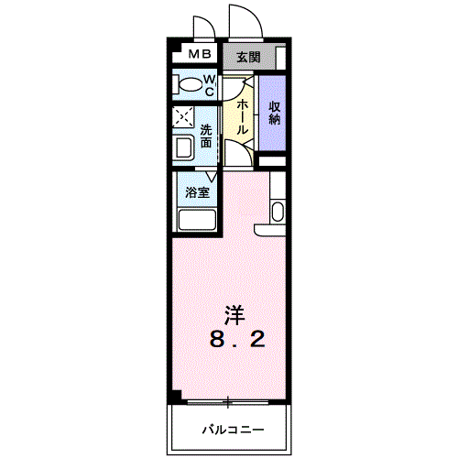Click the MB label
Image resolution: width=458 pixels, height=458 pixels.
(x=199, y=55)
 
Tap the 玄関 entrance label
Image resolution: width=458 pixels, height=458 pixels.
(x=247, y=57)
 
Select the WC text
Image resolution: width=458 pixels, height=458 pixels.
(x=209, y=86)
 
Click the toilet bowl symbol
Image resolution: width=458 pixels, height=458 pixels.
(x=189, y=86)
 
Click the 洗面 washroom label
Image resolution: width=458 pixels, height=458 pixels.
(x=207, y=136)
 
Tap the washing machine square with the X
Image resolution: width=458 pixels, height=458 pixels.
(x=183, y=119)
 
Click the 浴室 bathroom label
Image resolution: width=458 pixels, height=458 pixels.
(x=196, y=192)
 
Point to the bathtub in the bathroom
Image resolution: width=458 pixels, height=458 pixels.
(x=196, y=220)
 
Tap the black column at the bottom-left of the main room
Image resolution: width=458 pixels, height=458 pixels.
(x=173, y=396)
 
